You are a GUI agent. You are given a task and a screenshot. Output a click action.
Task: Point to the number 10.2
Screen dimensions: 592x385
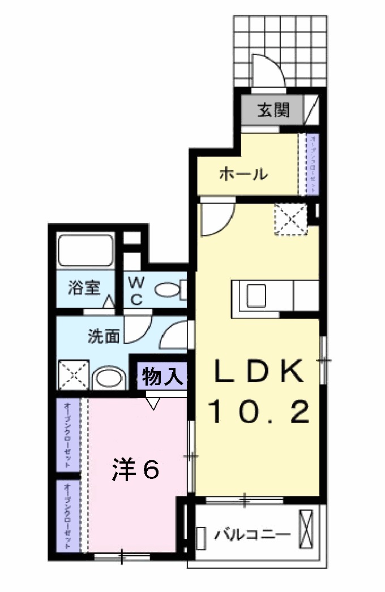(260, 412)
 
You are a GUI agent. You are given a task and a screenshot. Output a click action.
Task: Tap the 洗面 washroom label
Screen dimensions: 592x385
(104, 336)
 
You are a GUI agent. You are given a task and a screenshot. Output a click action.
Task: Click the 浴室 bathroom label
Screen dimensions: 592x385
(84, 288)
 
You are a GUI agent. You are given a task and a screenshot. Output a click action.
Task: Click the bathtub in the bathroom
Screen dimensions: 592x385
(86, 249)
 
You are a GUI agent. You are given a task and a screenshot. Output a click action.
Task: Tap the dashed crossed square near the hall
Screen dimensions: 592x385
(290, 218)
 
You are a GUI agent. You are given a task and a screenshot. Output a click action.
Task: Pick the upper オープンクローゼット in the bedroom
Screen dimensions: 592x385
(67, 434)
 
